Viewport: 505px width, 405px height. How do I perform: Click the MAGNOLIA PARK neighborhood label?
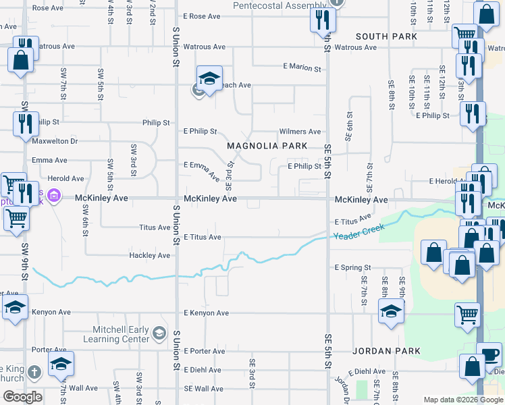tap(267, 146)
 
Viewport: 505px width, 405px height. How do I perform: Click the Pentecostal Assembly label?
tap(279, 5)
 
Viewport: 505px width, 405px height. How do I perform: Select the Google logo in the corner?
tap(22, 396)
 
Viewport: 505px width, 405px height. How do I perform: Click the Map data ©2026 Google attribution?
tap(462, 400)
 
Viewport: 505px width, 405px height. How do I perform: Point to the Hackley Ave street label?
tap(150, 256)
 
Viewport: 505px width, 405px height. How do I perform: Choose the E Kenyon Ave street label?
tap(206, 313)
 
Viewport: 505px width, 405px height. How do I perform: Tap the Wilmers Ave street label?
tap(300, 132)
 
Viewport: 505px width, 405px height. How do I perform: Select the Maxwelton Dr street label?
tap(56, 141)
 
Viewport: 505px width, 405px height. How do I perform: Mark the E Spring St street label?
tap(353, 268)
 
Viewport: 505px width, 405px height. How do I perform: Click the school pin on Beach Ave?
tap(209, 78)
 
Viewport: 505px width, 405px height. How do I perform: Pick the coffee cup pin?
tap(489, 354)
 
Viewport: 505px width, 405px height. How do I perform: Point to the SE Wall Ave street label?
tap(203, 389)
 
